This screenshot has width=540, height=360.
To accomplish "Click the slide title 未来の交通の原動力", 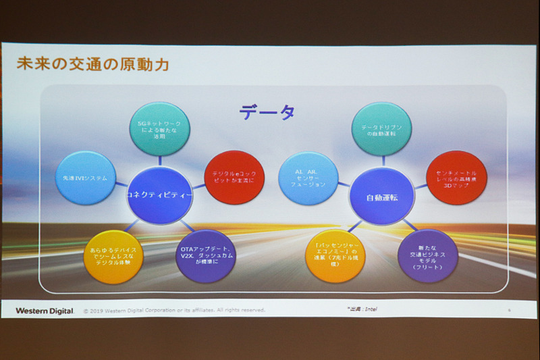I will click(x=92, y=66).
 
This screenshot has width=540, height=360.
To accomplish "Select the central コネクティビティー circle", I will click(x=160, y=195).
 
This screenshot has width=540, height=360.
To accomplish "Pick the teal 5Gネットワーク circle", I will click(x=159, y=128).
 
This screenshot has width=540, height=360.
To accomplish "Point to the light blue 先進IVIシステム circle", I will click(x=85, y=178).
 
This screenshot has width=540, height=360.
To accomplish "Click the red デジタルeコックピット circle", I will click(x=234, y=177).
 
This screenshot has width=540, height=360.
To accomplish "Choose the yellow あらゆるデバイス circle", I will click(x=113, y=256).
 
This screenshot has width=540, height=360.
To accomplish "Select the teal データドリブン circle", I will click(x=382, y=129).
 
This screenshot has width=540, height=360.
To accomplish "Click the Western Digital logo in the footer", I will click(x=45, y=311).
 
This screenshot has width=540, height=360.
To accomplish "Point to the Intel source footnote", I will click(x=362, y=309).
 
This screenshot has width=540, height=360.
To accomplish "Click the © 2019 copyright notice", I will click(x=173, y=311).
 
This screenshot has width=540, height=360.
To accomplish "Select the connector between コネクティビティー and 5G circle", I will click(x=160, y=161).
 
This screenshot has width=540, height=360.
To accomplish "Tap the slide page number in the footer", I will click(x=509, y=309).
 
